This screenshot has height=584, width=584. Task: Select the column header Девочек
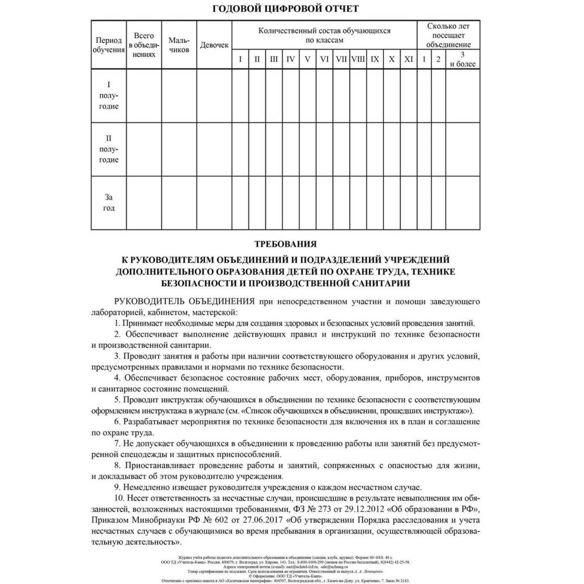214,45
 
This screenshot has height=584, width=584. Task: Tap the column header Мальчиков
179,45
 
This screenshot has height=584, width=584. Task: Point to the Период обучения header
108,45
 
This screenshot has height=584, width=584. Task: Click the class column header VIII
358,59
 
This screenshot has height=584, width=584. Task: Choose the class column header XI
408,59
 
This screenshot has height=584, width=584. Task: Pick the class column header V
307,59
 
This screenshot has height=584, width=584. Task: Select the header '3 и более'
462,59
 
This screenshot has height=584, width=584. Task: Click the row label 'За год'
108,203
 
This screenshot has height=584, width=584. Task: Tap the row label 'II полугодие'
108,149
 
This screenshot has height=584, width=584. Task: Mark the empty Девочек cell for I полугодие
214,96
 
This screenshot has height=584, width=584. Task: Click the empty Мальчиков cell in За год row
179,203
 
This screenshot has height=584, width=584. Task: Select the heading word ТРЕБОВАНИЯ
285,244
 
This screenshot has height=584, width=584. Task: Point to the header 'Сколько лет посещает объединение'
448,35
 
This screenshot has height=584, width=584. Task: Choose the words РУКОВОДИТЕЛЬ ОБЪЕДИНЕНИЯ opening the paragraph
184,301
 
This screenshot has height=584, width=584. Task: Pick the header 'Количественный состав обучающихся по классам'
324,35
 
